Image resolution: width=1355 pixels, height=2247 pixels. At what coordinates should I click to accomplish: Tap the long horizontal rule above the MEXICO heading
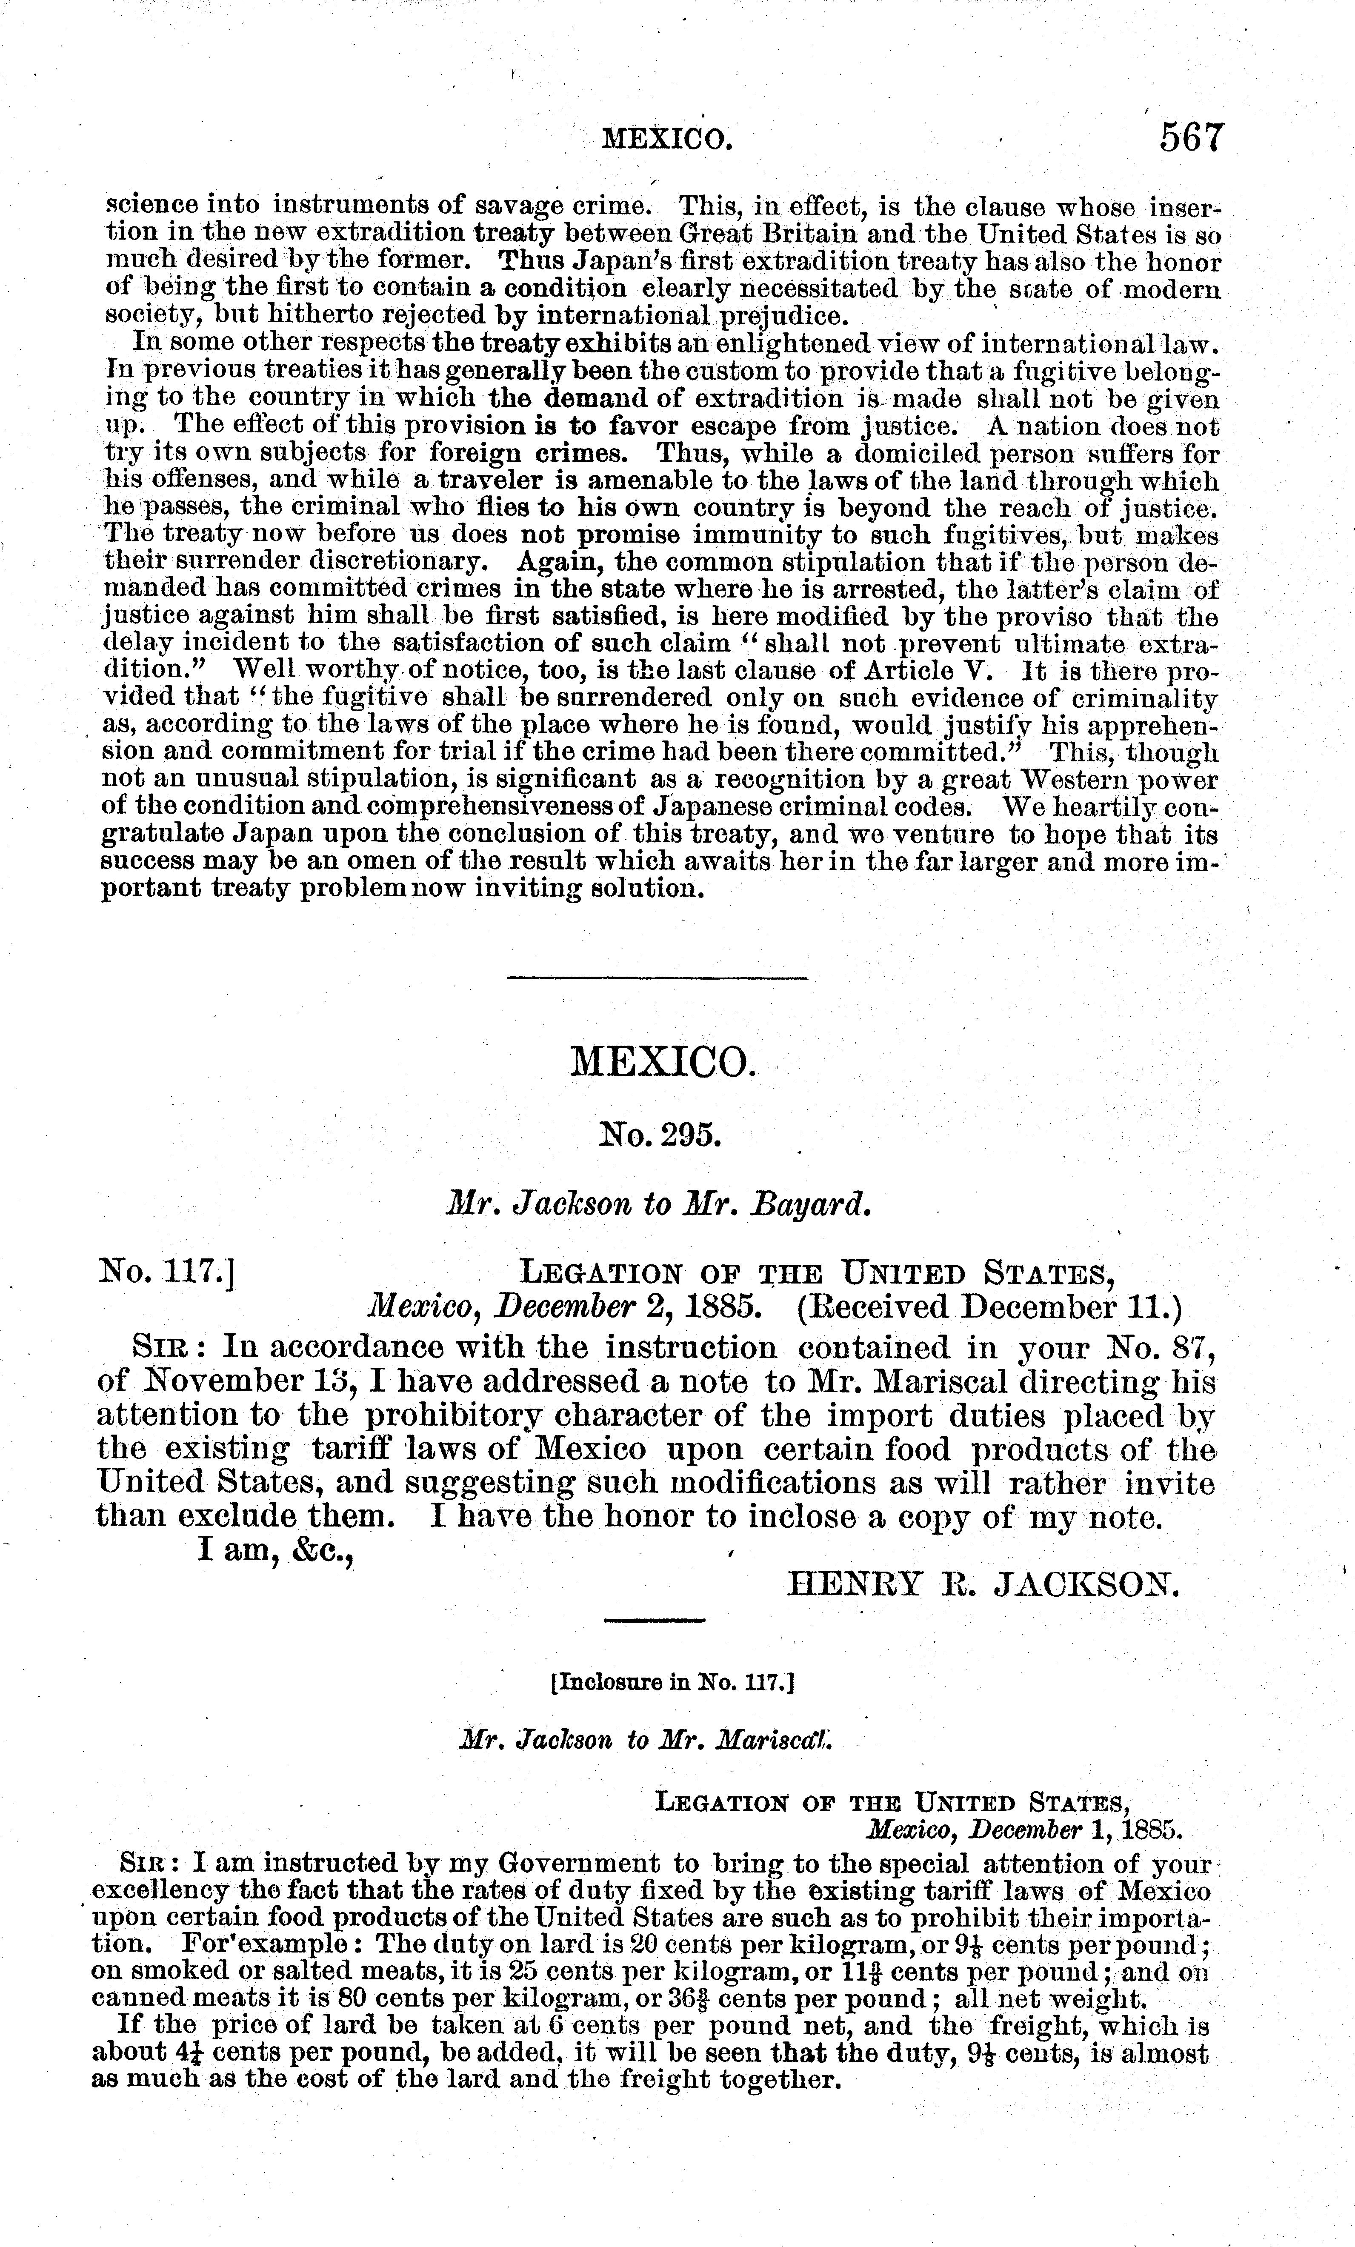coord(657,978)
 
